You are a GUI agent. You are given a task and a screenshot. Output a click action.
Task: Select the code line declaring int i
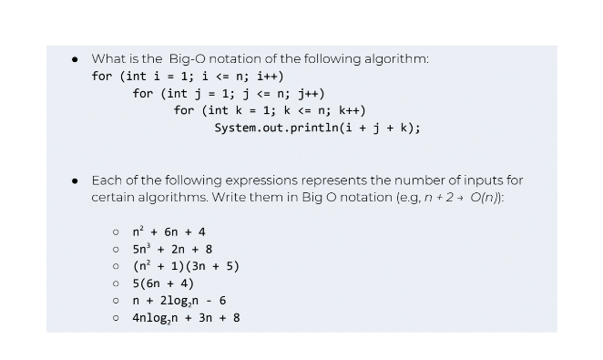coord(188,77)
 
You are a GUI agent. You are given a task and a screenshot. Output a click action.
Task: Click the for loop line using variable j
coord(229,94)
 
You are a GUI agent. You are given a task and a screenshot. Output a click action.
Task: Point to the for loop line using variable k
coord(270,111)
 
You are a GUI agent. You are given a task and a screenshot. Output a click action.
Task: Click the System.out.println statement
coord(317,129)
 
